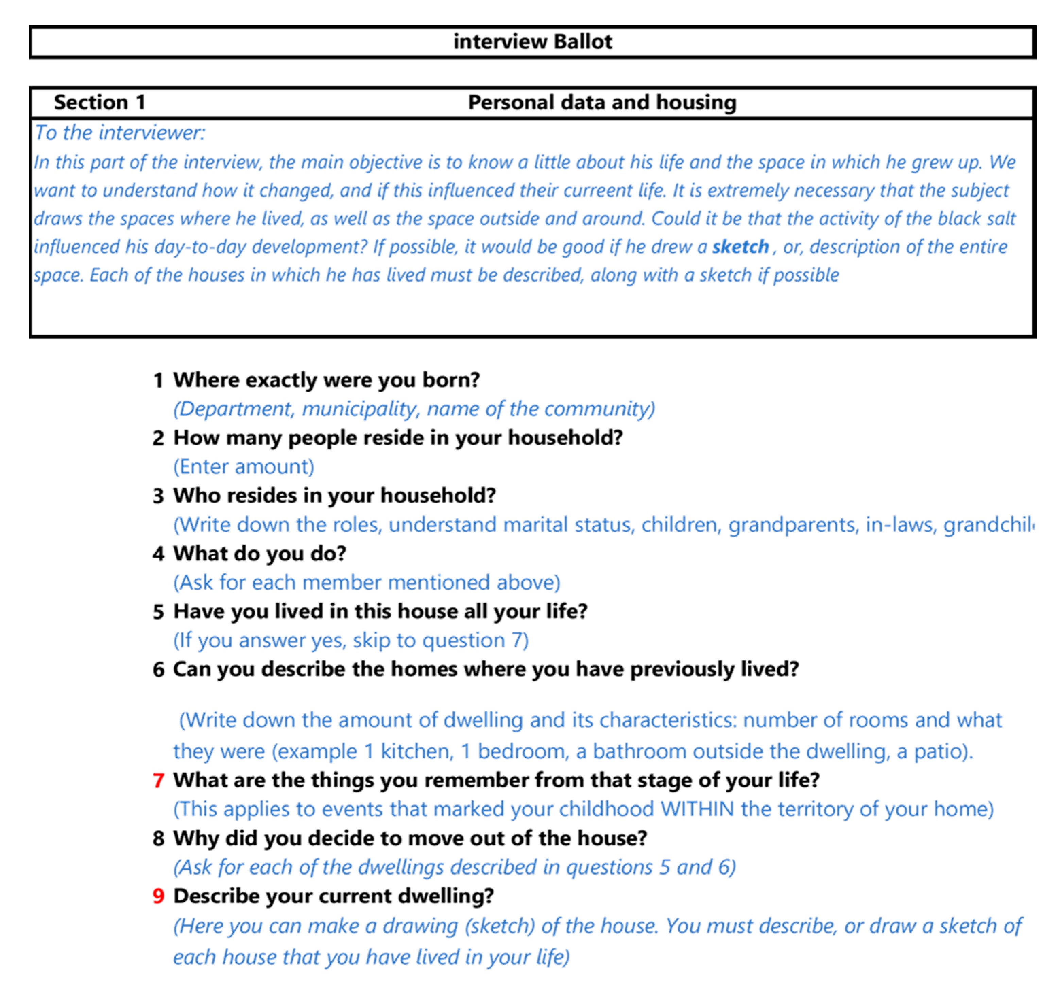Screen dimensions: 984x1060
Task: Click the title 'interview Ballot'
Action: coord(532,41)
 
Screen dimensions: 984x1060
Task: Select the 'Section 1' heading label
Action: coord(100,102)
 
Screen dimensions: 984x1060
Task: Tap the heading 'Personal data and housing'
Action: coord(602,102)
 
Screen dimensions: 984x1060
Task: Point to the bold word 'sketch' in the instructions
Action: coord(740,247)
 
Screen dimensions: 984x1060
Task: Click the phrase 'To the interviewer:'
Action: coord(120,133)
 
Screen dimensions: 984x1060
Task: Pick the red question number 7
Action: coord(158,781)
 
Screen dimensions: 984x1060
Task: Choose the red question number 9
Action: coord(158,896)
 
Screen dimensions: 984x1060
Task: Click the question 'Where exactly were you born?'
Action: coord(326,380)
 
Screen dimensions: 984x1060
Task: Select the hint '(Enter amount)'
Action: coord(244,467)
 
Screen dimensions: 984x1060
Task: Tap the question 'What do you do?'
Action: coord(260,554)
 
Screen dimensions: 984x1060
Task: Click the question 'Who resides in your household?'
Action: coord(334,496)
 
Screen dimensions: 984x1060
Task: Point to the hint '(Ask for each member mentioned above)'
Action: coord(367,582)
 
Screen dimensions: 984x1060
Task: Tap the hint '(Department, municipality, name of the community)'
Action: coord(414,409)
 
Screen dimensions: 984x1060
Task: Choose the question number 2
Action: coord(158,438)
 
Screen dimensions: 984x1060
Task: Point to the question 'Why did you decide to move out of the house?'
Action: coord(410,838)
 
